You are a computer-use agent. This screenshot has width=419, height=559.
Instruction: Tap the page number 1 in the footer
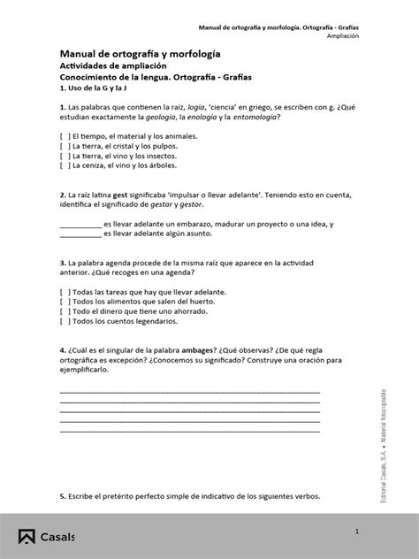(358, 531)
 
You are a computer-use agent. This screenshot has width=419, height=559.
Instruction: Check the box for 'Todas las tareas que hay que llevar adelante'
(65, 292)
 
